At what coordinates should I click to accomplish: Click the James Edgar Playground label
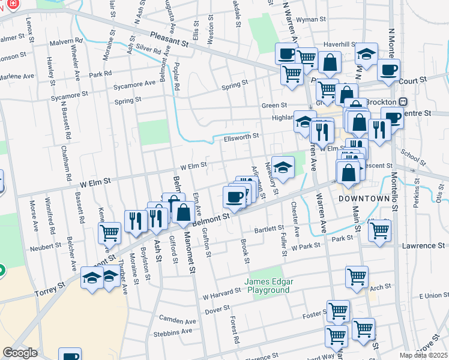coord(267,286)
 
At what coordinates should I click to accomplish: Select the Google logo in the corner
coord(20,352)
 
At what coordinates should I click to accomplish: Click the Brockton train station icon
coord(403,102)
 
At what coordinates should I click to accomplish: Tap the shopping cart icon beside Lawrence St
coord(379,230)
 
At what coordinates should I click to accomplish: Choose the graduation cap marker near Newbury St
coord(283,166)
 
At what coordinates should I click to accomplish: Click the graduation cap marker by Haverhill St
coord(366,55)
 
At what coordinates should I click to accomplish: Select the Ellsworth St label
coord(241,136)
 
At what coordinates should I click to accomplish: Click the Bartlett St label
coord(268,229)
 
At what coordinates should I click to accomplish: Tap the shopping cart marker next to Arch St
coord(357,277)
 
